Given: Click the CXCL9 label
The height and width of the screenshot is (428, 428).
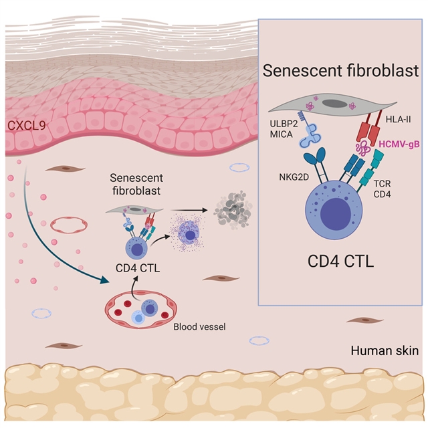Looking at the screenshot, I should point(23,125).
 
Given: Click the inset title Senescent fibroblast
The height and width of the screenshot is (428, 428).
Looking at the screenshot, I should point(340,70).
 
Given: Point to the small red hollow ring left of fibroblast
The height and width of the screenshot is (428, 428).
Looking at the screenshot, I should point(64,221).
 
